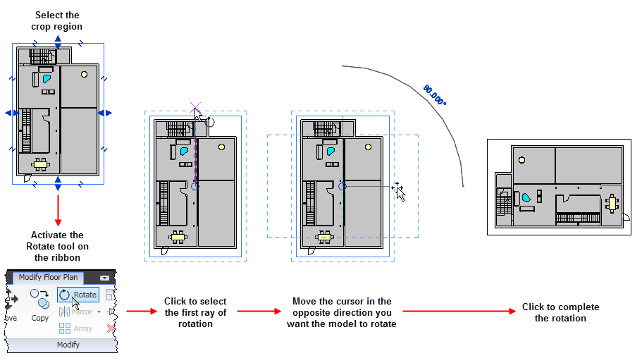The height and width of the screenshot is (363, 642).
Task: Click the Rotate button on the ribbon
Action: (78, 295)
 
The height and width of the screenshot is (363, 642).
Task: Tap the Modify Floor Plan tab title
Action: (48, 277)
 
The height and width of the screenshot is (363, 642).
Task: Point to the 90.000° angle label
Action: (435, 95)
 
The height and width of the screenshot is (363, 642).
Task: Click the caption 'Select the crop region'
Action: (57, 21)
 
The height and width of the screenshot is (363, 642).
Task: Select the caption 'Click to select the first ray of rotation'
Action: (195, 312)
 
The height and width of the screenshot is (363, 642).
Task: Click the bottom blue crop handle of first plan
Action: (58, 183)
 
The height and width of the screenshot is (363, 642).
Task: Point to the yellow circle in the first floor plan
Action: (84, 74)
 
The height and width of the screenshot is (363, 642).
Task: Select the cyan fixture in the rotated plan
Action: (526, 199)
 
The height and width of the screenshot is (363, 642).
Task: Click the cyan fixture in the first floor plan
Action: (47, 78)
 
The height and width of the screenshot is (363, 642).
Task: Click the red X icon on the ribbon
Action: (110, 328)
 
